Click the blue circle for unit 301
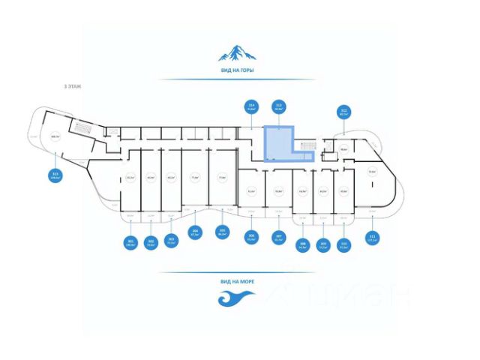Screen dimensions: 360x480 point(130,241)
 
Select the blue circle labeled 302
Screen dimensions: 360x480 point(151,241)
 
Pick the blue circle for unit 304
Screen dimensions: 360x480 point(195,232)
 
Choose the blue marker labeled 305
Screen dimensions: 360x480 point(221,232)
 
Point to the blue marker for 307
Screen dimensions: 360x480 point(278,238)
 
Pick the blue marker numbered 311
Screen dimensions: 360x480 point(373,239)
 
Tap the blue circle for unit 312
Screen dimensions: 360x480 point(344,112)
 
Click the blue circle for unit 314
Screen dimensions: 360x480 point(252,106)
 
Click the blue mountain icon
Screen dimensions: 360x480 point(237,52)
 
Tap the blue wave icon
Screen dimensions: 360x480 point(237,298)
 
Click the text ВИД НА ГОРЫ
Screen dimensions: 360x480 point(237,70)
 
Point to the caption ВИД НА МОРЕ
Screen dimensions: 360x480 point(237,281)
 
